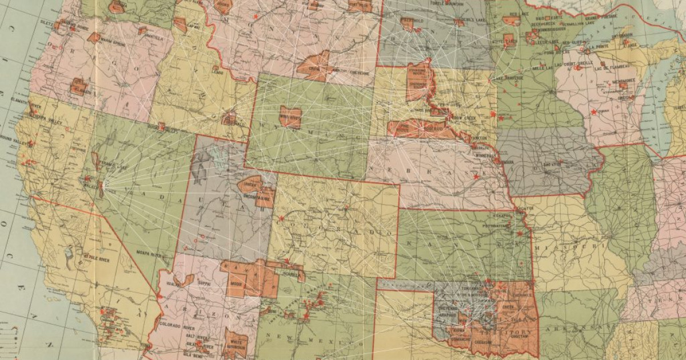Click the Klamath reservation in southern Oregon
79,87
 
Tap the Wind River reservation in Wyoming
290,116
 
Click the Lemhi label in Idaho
217,71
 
